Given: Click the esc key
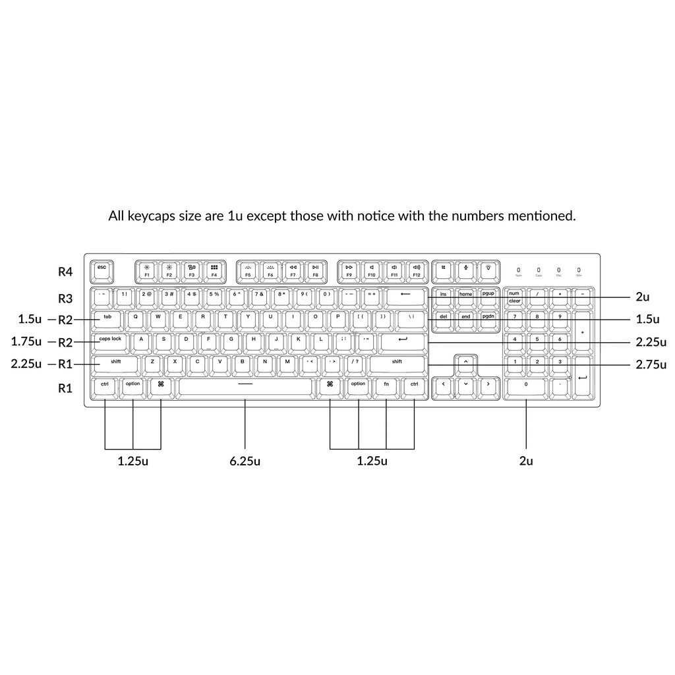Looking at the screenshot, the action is (x=102, y=269).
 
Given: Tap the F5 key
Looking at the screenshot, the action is (x=248, y=270).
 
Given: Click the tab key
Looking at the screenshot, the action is (x=107, y=318).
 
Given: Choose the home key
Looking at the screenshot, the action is (x=465, y=296).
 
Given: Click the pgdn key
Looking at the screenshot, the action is (x=488, y=318).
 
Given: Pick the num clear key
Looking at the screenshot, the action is (x=514, y=297).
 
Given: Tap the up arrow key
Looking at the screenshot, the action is (x=465, y=363).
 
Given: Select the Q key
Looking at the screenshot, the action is (x=136, y=318).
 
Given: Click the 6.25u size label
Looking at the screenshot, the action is (x=245, y=461).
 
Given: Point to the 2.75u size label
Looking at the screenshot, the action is (x=652, y=364).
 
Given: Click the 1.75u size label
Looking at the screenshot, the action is (x=26, y=341).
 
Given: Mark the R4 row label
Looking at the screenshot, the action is (x=65, y=270).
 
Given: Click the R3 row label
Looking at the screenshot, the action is (x=65, y=298).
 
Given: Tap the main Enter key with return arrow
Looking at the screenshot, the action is (x=403, y=341).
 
